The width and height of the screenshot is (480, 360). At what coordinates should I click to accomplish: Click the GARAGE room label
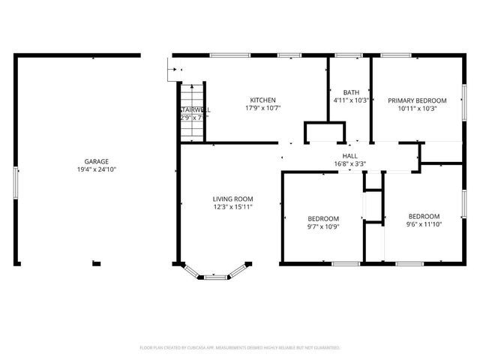[96, 161]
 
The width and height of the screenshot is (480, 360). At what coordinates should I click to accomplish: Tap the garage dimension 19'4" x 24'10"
[96, 169]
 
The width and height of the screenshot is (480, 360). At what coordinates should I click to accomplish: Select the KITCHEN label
[263, 100]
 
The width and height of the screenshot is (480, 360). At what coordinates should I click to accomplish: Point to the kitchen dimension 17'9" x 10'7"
[263, 109]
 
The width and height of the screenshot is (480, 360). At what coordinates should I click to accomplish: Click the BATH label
[350, 92]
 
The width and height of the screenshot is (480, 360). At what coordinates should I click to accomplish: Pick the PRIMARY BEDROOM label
[417, 100]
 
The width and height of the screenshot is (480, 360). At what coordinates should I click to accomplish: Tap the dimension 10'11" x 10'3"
[417, 109]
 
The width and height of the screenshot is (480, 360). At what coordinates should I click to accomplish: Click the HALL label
[349, 156]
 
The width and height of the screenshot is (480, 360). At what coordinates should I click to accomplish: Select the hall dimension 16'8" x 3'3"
[349, 163]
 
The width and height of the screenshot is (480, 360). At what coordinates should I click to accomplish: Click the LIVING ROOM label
[232, 199]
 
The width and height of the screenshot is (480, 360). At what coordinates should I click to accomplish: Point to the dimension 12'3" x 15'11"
[232, 207]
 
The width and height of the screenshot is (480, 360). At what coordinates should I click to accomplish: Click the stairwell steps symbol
[191, 112]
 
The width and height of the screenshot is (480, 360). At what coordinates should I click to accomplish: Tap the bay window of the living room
[215, 276]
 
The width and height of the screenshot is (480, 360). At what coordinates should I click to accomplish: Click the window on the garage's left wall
[16, 183]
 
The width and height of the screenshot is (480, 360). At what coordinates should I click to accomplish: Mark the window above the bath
[348, 55]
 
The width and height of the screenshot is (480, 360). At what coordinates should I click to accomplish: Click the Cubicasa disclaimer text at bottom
[240, 348]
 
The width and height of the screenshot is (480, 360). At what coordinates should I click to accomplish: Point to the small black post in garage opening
[96, 262]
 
